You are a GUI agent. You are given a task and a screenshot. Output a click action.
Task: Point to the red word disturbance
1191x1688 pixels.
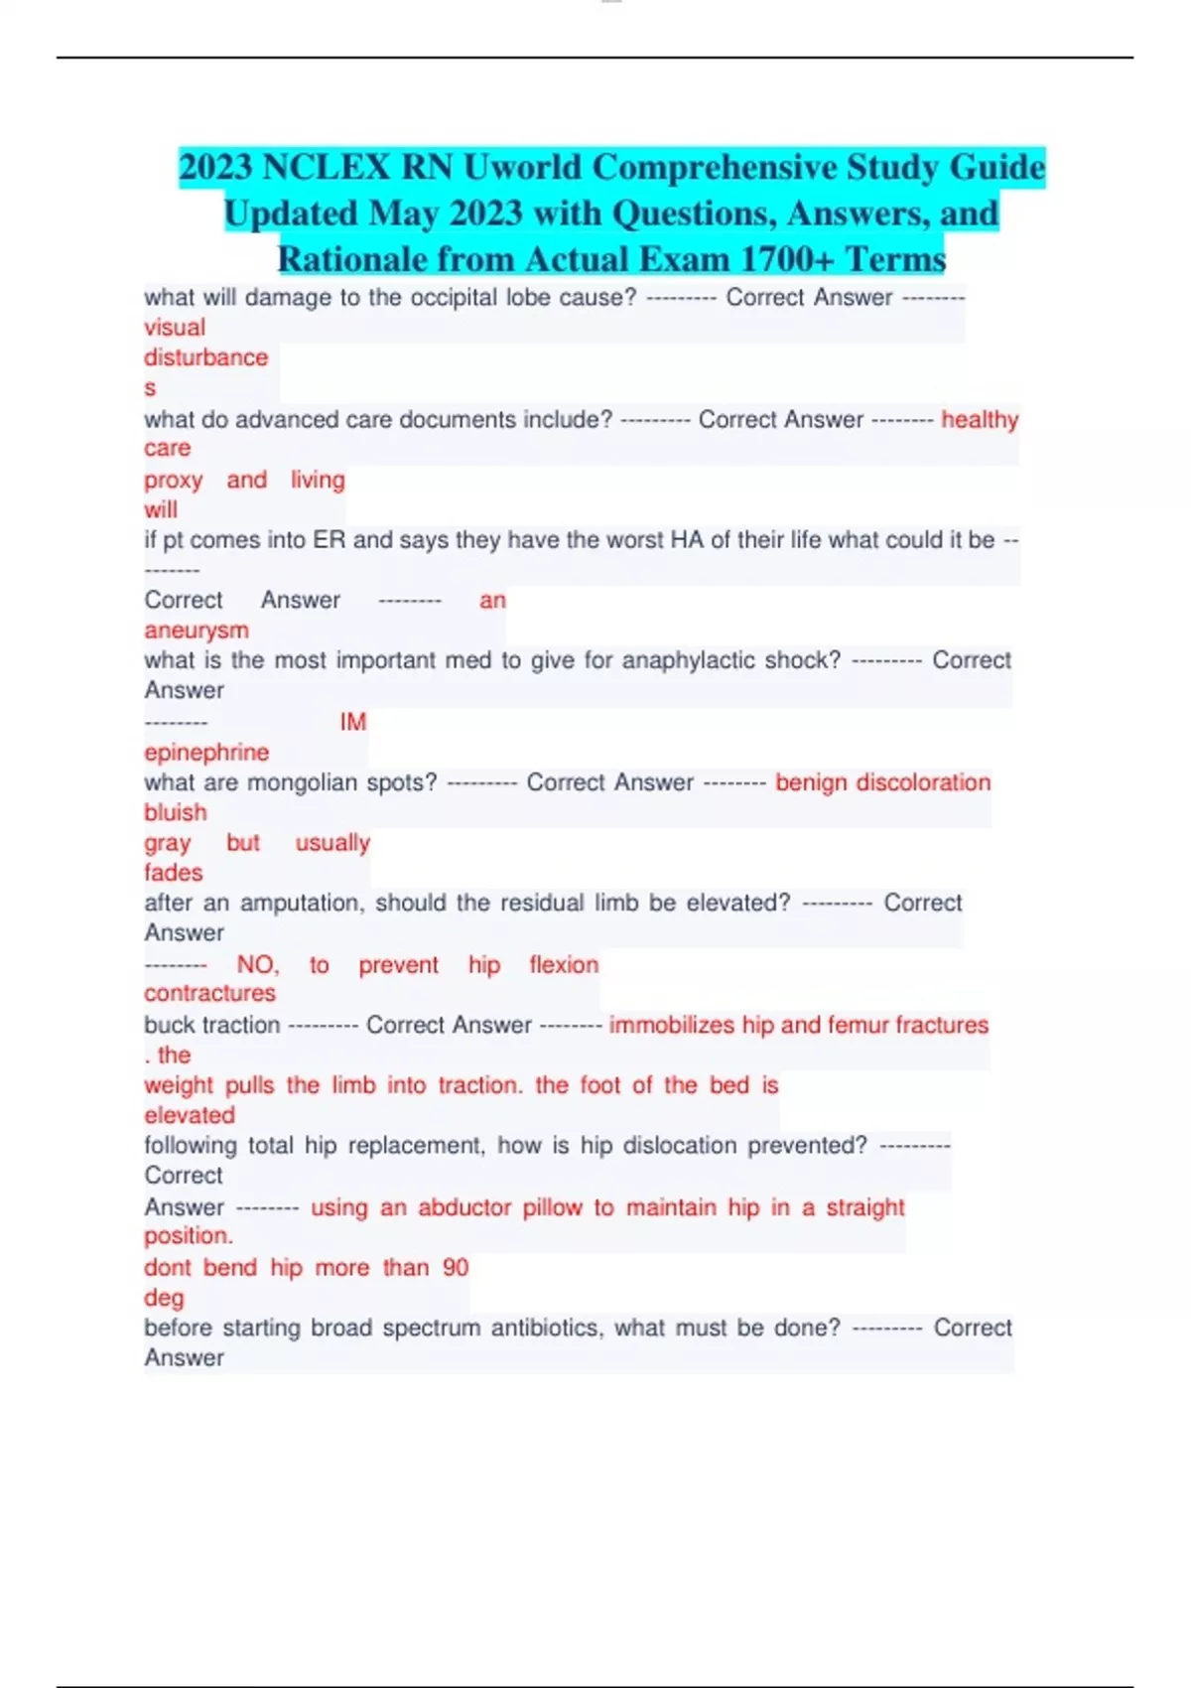coord(205,357)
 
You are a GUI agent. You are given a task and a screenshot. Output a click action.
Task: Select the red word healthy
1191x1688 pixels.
coord(980,420)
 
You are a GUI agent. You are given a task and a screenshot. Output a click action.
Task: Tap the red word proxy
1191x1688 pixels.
coord(173,481)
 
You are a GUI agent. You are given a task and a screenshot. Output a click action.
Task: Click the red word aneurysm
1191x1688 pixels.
coord(197,631)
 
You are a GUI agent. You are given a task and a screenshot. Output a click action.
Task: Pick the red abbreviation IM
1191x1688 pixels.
coord(352,722)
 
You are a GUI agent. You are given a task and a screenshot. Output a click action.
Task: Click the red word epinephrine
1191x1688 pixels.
coord(206,753)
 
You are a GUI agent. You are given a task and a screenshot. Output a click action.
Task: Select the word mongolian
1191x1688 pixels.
coord(303,782)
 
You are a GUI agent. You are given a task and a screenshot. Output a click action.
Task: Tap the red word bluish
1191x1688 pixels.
coord(176,812)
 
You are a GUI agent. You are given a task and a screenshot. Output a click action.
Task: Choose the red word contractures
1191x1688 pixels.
coord(209,993)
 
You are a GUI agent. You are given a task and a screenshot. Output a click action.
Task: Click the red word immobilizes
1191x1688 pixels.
coord(671,1025)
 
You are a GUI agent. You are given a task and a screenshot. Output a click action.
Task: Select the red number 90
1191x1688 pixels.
coord(456,1268)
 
